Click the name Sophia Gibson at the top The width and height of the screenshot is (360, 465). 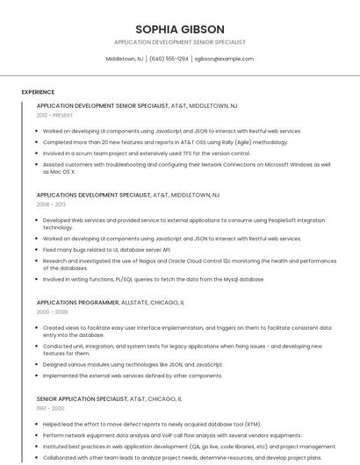(x=180, y=29)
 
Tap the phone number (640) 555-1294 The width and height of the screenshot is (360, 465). (x=169, y=59)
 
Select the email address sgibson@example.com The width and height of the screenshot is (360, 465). (x=224, y=59)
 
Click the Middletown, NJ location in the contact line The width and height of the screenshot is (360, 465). (x=125, y=59)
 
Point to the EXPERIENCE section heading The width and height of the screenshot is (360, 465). (x=38, y=92)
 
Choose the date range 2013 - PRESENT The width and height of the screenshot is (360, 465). (x=54, y=115)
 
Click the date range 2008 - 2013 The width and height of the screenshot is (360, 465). (x=51, y=204)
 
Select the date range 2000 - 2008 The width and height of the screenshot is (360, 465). (x=52, y=311)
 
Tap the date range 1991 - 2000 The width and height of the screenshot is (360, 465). (x=50, y=408)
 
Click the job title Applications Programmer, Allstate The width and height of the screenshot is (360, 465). (x=110, y=302)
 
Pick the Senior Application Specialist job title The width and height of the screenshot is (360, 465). (x=109, y=398)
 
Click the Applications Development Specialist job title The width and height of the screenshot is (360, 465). (x=127, y=195)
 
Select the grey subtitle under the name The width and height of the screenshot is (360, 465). (x=180, y=42)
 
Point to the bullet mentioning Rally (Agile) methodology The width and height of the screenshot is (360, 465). (x=165, y=141)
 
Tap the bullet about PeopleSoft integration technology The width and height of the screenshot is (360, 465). (x=184, y=224)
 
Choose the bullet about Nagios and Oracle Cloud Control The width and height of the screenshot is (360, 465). (x=189, y=264)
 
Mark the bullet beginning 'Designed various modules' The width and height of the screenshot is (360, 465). (x=133, y=364)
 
